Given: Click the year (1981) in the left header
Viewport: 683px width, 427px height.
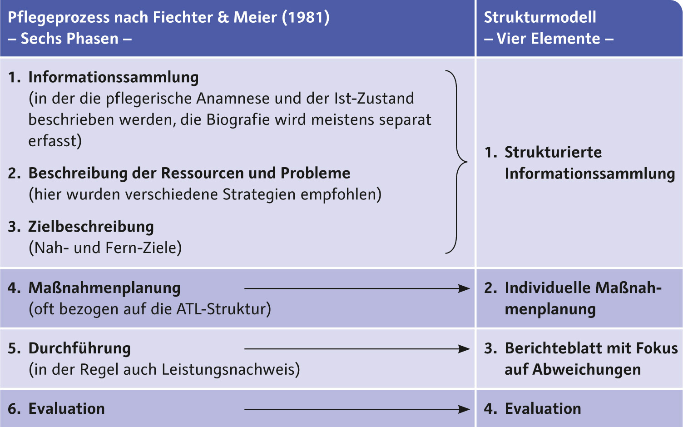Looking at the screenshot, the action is tap(306, 17).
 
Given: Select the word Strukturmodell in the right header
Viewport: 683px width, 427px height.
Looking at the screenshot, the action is tap(540, 17).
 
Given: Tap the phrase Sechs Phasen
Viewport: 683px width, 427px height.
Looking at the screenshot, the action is tap(69, 39).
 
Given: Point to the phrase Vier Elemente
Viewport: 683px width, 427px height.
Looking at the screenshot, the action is tap(549, 39).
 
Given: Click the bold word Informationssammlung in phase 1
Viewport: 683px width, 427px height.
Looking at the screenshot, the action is tap(114, 78).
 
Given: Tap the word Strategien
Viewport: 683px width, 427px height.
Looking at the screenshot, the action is tap(259, 194).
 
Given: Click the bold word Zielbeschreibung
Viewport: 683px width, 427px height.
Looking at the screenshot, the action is tap(91, 227).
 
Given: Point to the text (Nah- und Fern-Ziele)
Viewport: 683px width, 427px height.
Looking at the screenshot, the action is tap(105, 248).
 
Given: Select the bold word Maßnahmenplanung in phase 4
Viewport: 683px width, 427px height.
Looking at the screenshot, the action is tap(104, 288).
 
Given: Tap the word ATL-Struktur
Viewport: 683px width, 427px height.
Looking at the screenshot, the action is tap(223, 309).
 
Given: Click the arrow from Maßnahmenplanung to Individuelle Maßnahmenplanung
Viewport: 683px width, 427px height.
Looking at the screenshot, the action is tap(357, 288).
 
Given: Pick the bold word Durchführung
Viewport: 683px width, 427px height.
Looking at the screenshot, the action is tap(79, 348).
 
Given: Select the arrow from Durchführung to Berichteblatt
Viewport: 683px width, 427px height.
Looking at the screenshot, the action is tap(357, 349).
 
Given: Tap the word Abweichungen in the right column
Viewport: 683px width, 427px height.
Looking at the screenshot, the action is tap(587, 370).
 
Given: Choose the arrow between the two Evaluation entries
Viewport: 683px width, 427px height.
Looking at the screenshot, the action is tap(357, 409).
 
